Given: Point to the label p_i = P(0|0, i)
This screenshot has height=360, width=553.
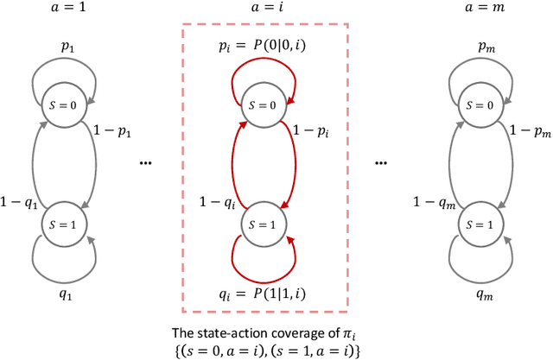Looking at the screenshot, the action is click(267, 52).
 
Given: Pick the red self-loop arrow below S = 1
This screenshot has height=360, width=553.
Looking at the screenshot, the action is click(266, 261).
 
